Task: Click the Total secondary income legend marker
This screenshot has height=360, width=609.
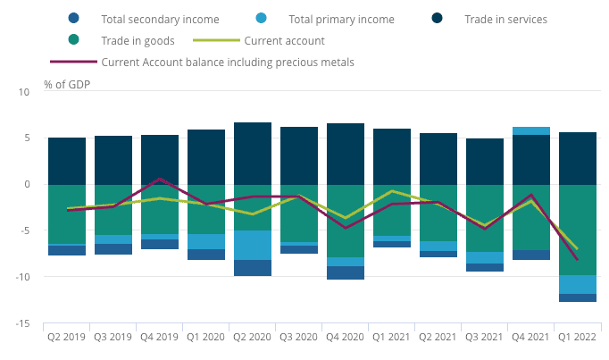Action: pyautogui.click(x=73, y=18)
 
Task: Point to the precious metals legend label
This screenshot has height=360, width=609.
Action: pyautogui.click(x=228, y=62)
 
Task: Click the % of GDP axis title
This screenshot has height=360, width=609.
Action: pyautogui.click(x=67, y=85)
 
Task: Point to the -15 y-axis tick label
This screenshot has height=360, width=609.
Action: pyautogui.click(x=26, y=323)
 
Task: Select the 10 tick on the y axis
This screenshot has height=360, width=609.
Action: pyautogui.click(x=24, y=91)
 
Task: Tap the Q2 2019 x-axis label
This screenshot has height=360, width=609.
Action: pyautogui.click(x=67, y=339)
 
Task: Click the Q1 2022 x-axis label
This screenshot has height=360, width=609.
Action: pyautogui.click(x=578, y=339)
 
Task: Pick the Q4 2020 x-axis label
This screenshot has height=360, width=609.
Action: pyautogui.click(x=346, y=339)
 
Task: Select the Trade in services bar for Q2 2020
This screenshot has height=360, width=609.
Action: pyautogui.click(x=253, y=154)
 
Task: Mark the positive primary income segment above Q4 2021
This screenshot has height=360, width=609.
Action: pyautogui.click(x=531, y=131)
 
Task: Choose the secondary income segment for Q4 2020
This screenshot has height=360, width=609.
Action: pyautogui.click(x=346, y=272)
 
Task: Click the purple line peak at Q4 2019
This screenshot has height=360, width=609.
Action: pyautogui.click(x=160, y=179)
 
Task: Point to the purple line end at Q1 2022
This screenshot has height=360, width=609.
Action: pyautogui.click(x=578, y=259)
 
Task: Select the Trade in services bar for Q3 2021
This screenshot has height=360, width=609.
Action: pyautogui.click(x=485, y=162)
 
